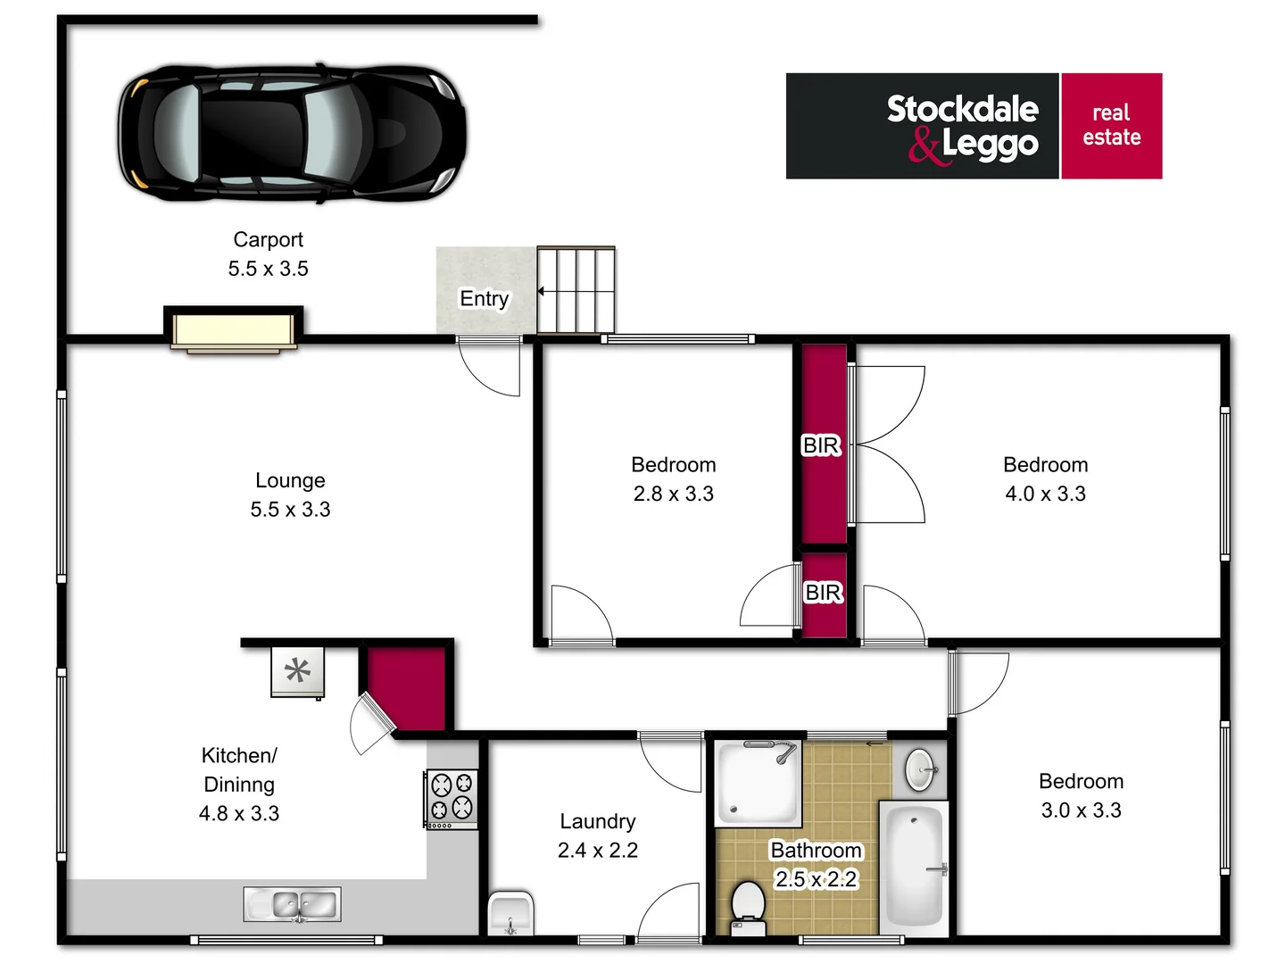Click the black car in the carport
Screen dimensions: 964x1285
tap(292, 131)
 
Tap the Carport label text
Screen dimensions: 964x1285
tap(268, 240)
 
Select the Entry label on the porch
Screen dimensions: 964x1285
tap(484, 298)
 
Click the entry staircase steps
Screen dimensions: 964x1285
tap(576, 290)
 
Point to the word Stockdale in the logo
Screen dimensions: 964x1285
tap(962, 109)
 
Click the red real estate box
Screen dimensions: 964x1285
tap(1111, 126)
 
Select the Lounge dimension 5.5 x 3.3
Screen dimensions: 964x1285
tap(290, 510)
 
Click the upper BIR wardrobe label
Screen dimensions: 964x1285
tap(821, 445)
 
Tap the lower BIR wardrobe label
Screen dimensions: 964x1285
tap(823, 593)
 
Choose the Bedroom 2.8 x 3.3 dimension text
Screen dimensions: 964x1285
tap(673, 494)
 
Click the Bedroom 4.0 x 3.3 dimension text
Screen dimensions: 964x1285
tap(1045, 494)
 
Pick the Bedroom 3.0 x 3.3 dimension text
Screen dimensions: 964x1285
tap(1081, 810)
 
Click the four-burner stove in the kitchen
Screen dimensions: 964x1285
tap(452, 798)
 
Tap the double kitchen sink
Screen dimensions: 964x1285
tap(293, 904)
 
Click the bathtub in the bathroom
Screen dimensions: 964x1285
tap(914, 864)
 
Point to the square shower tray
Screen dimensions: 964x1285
tap(759, 782)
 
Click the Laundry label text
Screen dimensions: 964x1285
tap(597, 821)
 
